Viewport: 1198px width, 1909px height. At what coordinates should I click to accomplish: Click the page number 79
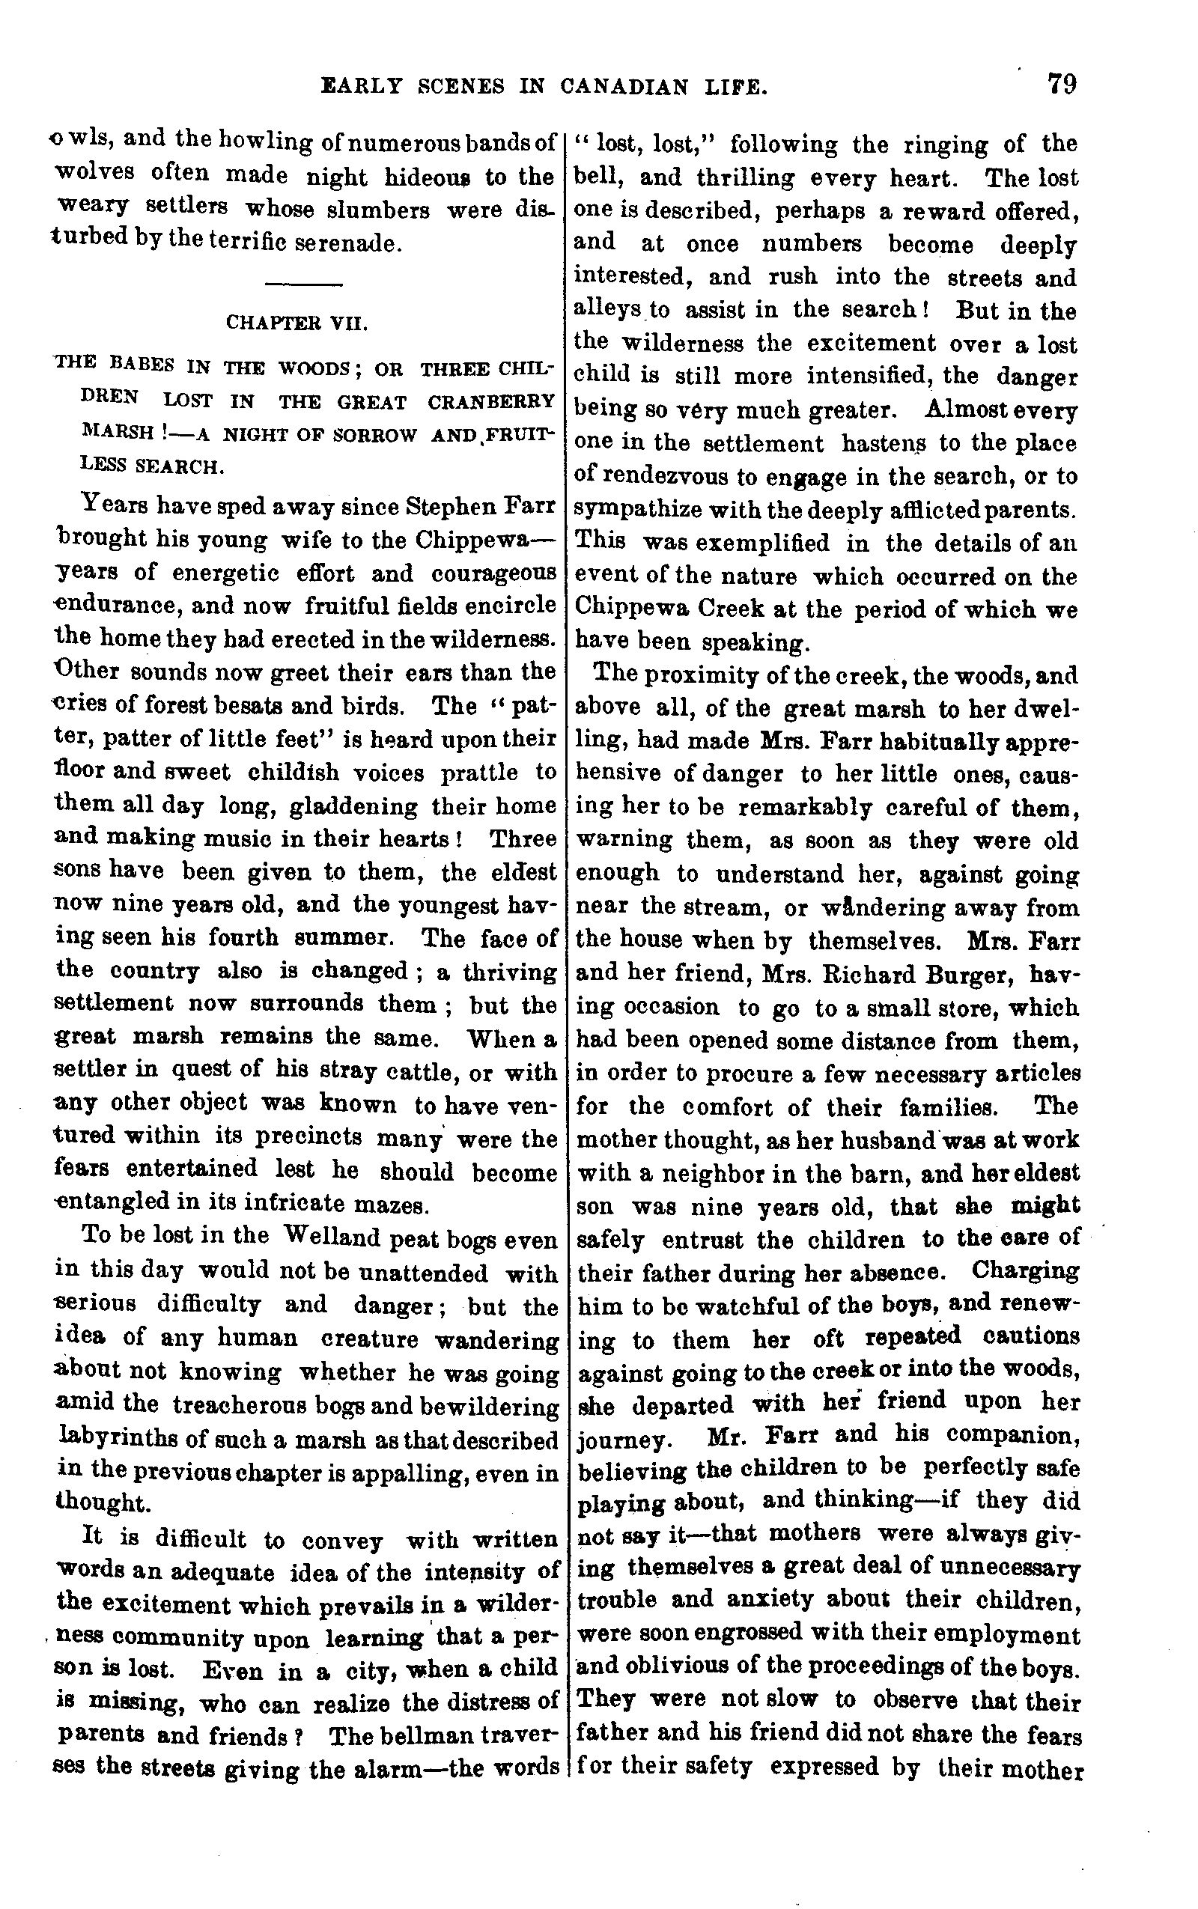tap(1061, 83)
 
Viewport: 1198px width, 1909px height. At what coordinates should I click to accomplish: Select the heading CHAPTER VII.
tap(297, 323)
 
